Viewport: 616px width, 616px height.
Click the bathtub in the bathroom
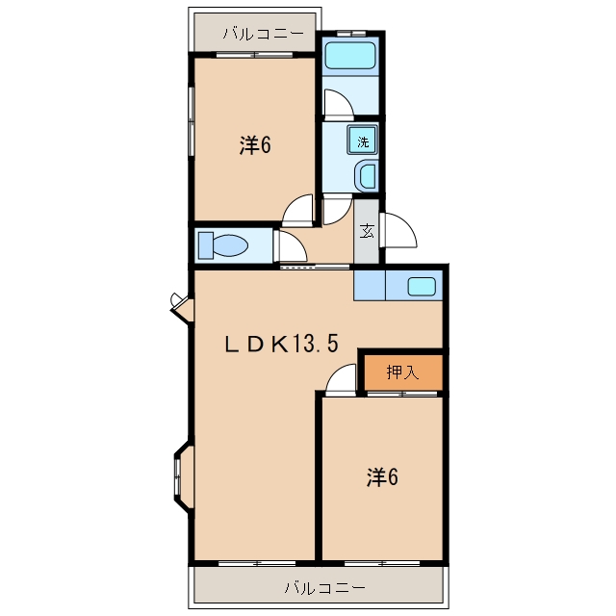click(x=350, y=56)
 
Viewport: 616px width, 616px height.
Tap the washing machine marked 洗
click(x=362, y=141)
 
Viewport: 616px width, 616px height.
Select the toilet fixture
click(x=223, y=245)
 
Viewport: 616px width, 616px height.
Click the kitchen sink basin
click(x=422, y=287)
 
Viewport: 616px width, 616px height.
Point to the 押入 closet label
click(x=402, y=372)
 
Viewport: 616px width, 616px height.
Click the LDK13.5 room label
click(x=281, y=344)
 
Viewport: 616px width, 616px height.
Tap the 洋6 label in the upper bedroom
click(x=255, y=145)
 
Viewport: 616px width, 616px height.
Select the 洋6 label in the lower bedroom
click(x=382, y=477)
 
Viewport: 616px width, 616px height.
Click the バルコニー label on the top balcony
click(x=264, y=34)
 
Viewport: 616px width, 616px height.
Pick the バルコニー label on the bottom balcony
click(x=325, y=588)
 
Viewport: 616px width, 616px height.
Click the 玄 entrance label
click(x=367, y=231)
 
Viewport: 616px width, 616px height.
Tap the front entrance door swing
click(x=398, y=230)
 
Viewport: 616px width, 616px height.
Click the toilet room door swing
click(x=291, y=246)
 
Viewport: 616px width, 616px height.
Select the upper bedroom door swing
click(x=298, y=211)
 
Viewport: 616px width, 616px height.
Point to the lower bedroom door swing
click(x=341, y=380)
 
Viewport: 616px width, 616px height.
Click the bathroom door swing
click(x=339, y=105)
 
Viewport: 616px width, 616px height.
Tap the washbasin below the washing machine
click(x=367, y=175)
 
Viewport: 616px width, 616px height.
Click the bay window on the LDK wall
click(x=184, y=477)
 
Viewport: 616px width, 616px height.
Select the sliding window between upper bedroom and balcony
click(x=254, y=55)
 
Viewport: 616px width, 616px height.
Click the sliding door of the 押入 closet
click(x=402, y=394)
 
